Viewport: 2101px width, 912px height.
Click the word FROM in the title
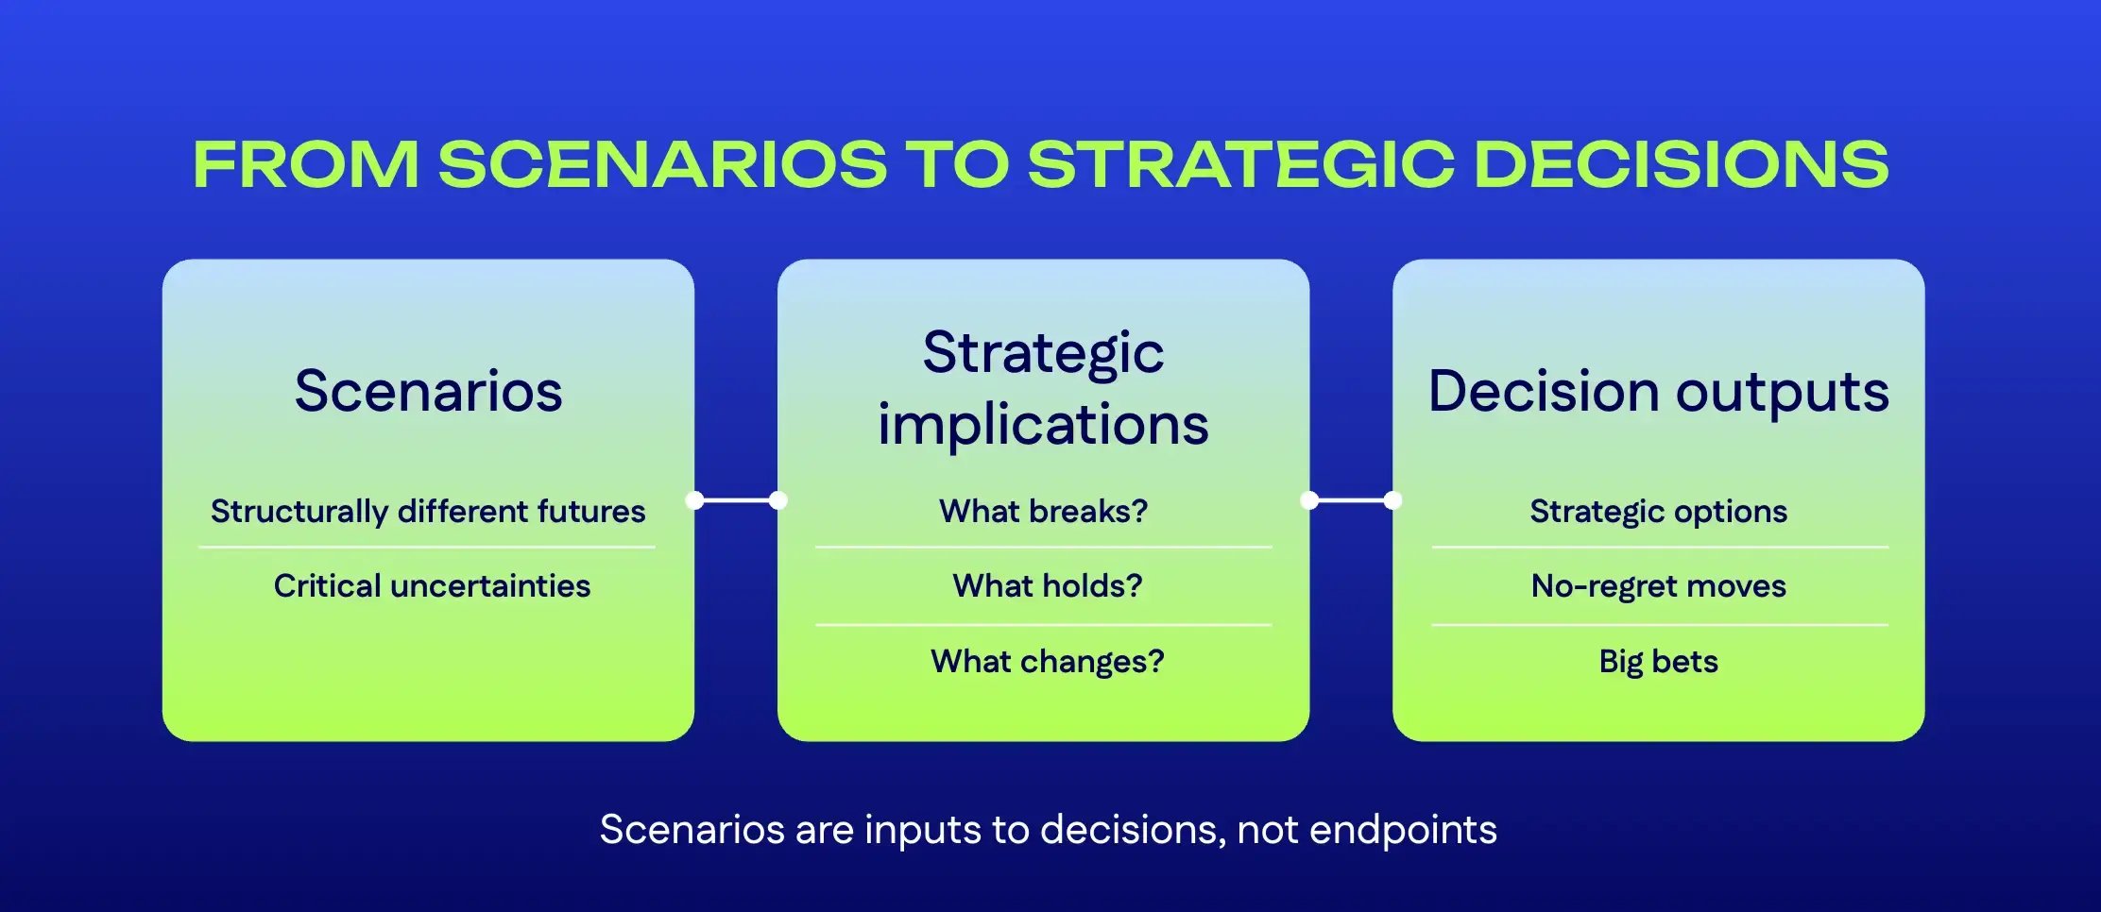click(305, 165)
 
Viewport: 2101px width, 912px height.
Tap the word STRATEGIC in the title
click(1240, 165)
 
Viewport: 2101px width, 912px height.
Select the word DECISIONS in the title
click(1681, 165)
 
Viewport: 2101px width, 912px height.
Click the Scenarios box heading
click(428, 391)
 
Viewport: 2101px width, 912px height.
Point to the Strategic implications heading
click(1043, 388)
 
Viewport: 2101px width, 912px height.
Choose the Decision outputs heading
click(1658, 391)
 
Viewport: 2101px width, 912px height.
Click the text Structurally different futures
click(428, 511)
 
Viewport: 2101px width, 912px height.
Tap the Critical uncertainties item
click(432, 585)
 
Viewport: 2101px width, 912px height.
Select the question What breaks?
click(1043, 511)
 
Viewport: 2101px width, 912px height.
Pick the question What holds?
click(1047, 585)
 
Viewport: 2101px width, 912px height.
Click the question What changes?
click(1047, 661)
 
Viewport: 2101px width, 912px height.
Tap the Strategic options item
click(1658, 511)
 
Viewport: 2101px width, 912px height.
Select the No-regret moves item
click(1658, 585)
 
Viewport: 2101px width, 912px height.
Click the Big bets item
click(1658, 661)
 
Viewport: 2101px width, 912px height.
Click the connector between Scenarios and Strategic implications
click(736, 500)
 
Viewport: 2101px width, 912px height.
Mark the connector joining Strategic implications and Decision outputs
click(1351, 500)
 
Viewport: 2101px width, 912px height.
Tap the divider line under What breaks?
click(1043, 547)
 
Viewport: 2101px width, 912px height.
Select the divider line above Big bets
click(1658, 624)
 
